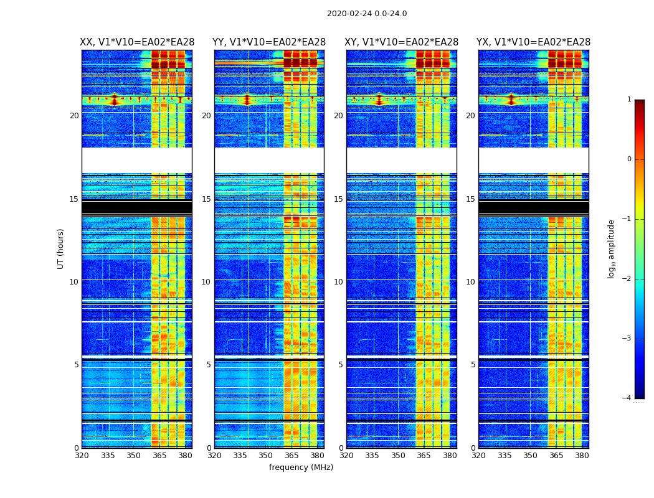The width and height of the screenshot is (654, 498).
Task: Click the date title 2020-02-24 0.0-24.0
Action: (367, 14)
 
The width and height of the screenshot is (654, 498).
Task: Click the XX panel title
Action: (137, 42)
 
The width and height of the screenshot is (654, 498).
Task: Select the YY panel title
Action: (269, 42)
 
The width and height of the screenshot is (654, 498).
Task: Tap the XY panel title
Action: (402, 42)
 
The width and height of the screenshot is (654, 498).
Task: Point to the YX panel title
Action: (534, 42)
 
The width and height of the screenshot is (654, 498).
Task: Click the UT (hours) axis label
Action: (61, 248)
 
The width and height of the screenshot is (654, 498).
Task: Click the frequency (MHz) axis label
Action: (301, 467)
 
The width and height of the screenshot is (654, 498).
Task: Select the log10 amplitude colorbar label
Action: (612, 248)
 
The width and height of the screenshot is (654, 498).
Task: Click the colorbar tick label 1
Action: (628, 100)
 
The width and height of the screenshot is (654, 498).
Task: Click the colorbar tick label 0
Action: (628, 159)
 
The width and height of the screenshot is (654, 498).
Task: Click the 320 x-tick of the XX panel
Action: (82, 456)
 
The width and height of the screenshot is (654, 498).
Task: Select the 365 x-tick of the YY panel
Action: (291, 456)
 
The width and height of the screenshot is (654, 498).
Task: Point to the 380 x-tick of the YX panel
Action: (582, 456)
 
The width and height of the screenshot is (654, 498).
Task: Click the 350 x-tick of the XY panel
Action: (398, 456)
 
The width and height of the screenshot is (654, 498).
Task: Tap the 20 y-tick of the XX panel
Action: (74, 116)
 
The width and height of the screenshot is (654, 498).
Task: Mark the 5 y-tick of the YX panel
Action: (473, 365)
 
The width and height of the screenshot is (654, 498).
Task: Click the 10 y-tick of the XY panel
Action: (338, 282)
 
